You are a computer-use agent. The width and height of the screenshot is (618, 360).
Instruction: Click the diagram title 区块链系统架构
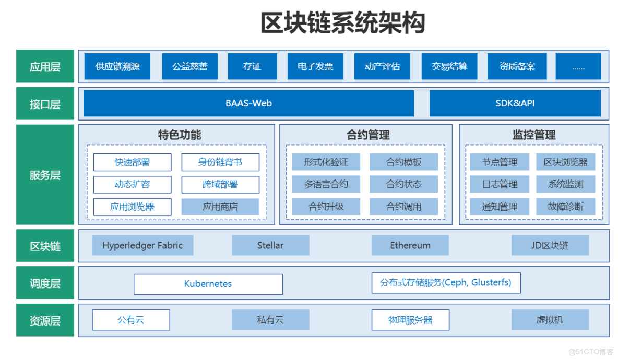pyautogui.click(x=343, y=23)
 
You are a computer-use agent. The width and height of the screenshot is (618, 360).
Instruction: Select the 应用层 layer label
pyautogui.click(x=45, y=66)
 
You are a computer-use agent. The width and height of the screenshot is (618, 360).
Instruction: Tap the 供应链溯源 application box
pyautogui.click(x=117, y=66)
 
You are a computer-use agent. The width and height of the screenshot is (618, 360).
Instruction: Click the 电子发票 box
pyautogui.click(x=315, y=66)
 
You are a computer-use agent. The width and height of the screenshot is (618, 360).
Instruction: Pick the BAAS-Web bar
pyautogui.click(x=248, y=103)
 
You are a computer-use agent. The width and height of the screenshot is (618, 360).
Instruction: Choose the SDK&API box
pyautogui.click(x=515, y=103)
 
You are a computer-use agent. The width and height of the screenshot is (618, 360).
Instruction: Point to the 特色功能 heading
pyautogui.click(x=179, y=135)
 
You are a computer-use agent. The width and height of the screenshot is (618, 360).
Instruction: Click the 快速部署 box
pyautogui.click(x=132, y=162)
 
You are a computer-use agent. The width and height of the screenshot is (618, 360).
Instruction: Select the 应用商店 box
pyautogui.click(x=220, y=207)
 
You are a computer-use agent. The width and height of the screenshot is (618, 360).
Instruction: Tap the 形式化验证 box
pyautogui.click(x=326, y=162)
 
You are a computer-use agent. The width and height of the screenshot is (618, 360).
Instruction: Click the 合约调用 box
pyautogui.click(x=403, y=207)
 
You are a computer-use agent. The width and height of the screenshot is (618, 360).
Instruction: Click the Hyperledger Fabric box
pyautogui.click(x=142, y=245)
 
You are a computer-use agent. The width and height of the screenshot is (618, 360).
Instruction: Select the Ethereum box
pyautogui.click(x=410, y=245)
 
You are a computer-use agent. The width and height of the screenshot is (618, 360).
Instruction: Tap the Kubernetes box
pyautogui.click(x=208, y=284)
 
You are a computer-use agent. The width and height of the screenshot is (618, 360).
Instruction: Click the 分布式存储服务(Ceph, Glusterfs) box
pyautogui.click(x=445, y=283)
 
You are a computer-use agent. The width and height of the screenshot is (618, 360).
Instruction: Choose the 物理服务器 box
pyautogui.click(x=410, y=320)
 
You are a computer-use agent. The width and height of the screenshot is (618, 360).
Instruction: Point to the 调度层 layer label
pyautogui.click(x=45, y=283)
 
